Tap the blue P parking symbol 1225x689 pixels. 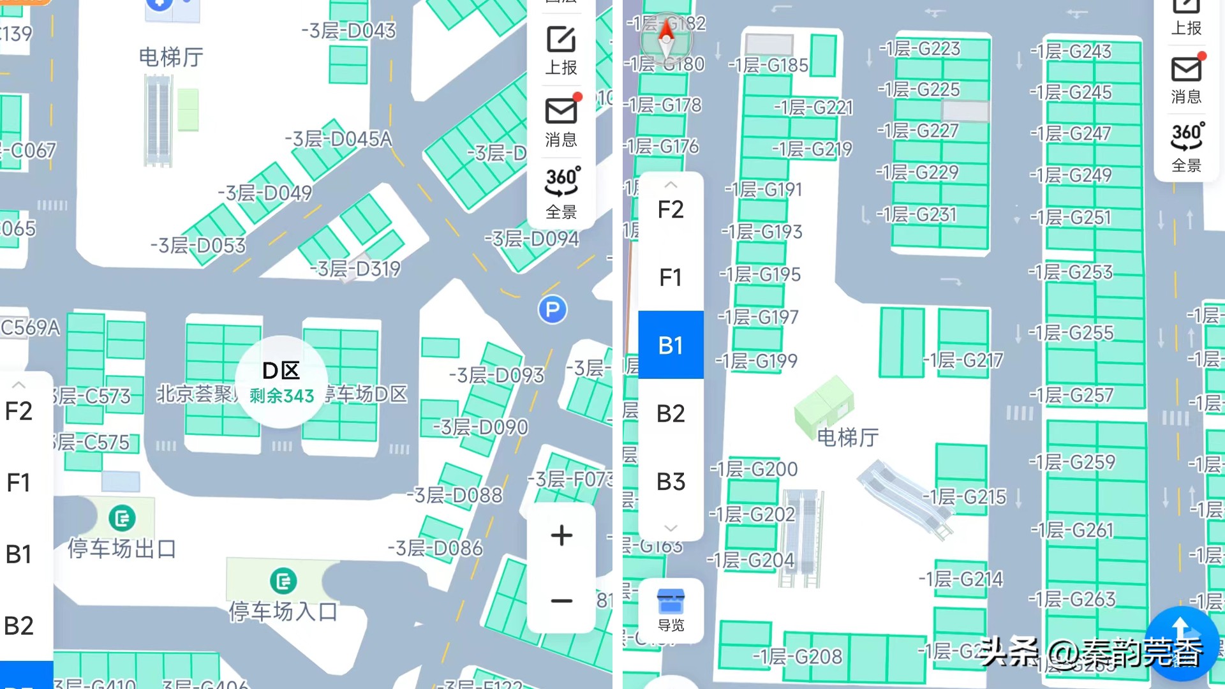coord(552,310)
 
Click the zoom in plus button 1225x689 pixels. coord(561,535)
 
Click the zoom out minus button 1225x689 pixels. coord(561,601)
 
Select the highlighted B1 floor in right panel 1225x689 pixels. coord(671,345)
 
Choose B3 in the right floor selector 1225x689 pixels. coord(671,482)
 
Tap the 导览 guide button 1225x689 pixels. coord(671,611)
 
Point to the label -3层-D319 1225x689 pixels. coord(355,269)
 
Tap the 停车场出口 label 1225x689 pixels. coord(122,548)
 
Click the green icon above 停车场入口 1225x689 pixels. coord(283,581)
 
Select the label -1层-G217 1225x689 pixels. coord(963,360)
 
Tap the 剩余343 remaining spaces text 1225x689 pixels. coord(281,396)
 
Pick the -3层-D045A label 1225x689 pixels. coord(338,139)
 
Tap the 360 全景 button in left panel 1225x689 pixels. coord(561,191)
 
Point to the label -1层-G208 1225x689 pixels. coord(798,656)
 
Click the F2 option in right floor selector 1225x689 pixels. coord(671,209)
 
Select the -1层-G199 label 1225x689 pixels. coord(757,361)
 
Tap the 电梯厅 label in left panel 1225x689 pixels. coord(171,57)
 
